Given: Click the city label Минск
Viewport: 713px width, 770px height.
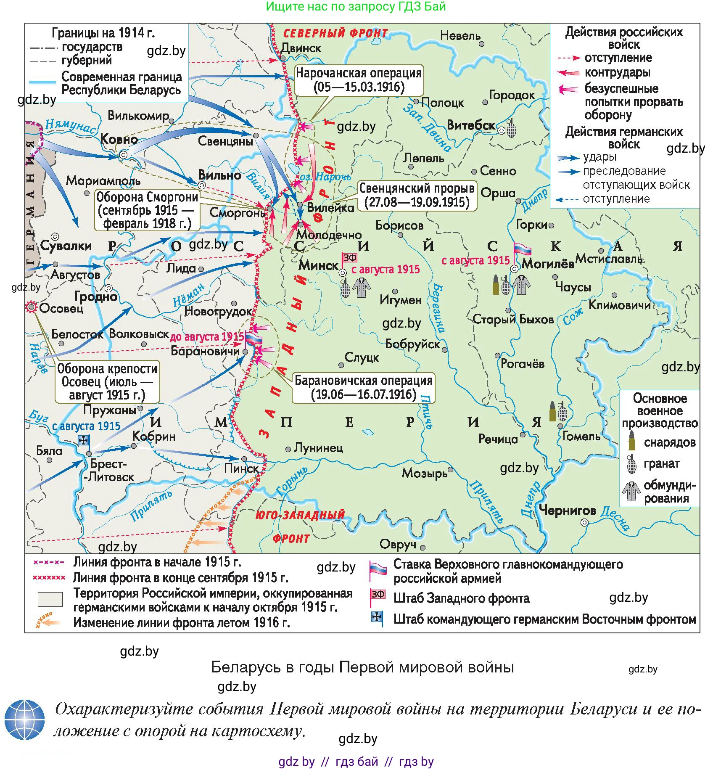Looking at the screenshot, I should [318, 265].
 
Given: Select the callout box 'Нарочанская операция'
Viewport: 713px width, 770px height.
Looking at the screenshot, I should [359, 80].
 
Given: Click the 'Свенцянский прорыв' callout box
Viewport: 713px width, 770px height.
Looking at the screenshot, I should [417, 195].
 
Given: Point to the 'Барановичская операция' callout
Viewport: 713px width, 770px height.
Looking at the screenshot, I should [363, 388].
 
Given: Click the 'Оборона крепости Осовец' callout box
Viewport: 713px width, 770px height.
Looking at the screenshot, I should [107, 381].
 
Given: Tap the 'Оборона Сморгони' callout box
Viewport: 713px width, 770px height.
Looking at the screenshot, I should [147, 210].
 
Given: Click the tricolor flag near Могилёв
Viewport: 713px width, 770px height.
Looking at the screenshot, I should [523, 249].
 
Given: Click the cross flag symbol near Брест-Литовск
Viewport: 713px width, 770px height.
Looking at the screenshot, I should [84, 440].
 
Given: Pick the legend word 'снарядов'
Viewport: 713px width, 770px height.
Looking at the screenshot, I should [669, 442].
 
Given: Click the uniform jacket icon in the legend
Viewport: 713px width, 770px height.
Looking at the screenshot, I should [631, 491].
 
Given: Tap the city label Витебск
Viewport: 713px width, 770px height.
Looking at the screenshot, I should [471, 125].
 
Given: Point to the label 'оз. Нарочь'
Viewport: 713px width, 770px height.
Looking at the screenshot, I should [325, 177].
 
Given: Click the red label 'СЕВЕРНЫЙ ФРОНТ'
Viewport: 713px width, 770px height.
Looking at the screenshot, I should [335, 33].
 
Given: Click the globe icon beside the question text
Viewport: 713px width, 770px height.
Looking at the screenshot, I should [24, 720].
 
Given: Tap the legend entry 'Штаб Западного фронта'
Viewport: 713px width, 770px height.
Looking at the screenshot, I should [461, 598].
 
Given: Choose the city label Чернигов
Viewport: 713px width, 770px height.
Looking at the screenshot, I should [567, 511].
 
